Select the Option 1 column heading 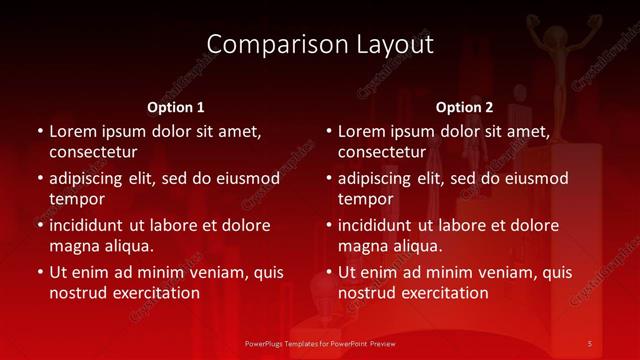click(176, 107)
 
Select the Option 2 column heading click(464, 107)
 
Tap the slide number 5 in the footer click(589, 344)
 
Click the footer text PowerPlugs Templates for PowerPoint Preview click(320, 344)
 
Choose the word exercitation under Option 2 click(441, 293)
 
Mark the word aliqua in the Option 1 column click(127, 246)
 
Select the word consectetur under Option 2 click(382, 152)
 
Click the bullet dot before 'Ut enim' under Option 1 click(40, 272)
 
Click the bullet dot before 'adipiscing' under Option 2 click(329, 178)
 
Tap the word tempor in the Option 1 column click(76, 199)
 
